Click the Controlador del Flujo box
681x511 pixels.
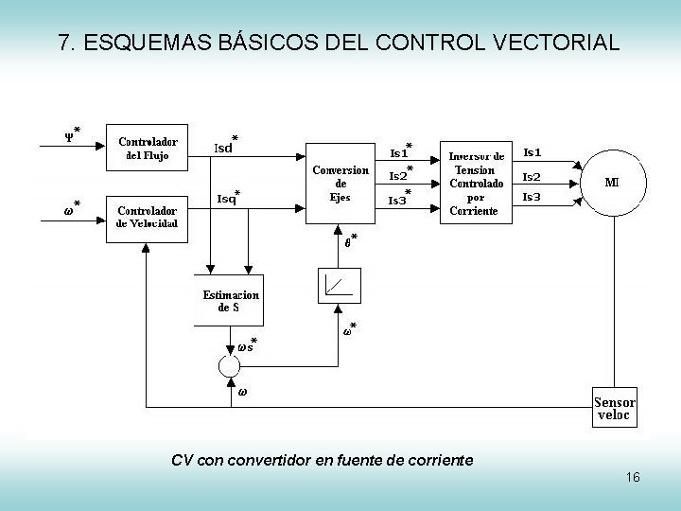[x=148, y=148]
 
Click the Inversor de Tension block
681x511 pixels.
[x=476, y=183]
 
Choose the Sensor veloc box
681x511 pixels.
[x=614, y=405]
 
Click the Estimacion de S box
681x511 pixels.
[x=231, y=301]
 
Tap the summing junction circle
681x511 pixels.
[x=231, y=365]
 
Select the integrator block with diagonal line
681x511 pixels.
[x=339, y=285]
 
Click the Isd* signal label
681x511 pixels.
[x=226, y=146]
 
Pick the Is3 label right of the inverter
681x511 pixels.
[x=532, y=197]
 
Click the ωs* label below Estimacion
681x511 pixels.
[x=246, y=345]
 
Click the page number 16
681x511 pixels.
[x=633, y=478]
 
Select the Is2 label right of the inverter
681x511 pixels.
[x=532, y=176]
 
